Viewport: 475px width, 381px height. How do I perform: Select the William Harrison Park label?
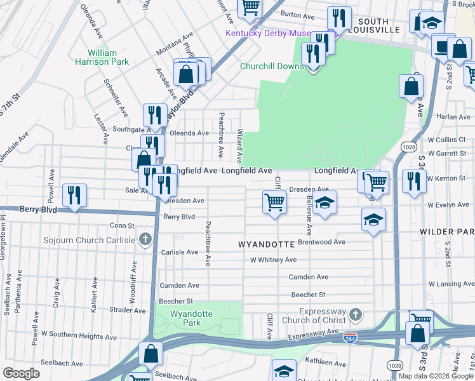pos(102,57)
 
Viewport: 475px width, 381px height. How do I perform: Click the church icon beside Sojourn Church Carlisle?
pos(145,240)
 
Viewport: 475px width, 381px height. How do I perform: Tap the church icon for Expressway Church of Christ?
pos(356,314)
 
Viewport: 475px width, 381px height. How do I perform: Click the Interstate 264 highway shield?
pos(351,337)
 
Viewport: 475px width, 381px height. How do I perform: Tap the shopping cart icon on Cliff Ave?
pos(274,202)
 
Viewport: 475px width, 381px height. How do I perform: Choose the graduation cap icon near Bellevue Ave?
pos(324,203)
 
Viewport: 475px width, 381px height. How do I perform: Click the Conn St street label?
pos(122,225)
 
